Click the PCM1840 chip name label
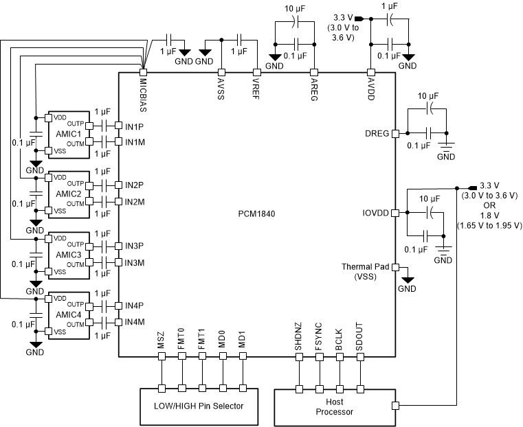click(x=257, y=214)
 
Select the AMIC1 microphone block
click(x=68, y=133)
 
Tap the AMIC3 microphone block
click(x=68, y=255)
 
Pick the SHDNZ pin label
click(x=299, y=341)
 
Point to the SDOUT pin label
click(x=361, y=341)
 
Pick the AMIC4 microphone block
click(x=68, y=316)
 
